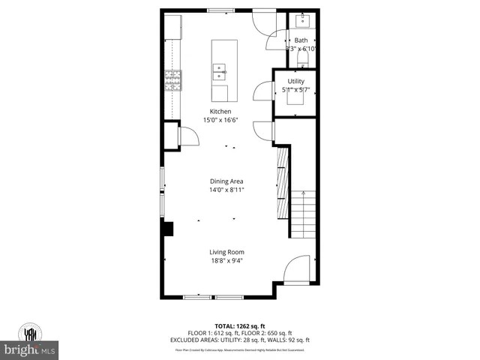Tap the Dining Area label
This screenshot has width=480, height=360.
click(226, 181)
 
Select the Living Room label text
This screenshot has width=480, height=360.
click(226, 252)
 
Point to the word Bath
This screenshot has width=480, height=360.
click(301, 40)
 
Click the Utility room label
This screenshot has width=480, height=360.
click(295, 80)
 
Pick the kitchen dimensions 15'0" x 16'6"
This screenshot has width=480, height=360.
click(220, 120)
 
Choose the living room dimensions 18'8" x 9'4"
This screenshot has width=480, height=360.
click(226, 261)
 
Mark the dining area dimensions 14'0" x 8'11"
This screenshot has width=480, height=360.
click(226, 190)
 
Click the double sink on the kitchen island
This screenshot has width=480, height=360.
click(219, 72)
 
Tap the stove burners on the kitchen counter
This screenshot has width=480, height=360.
click(172, 79)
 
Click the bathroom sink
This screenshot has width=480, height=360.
click(306, 18)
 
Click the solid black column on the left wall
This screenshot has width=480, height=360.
click(168, 229)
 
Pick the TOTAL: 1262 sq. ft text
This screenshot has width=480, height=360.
click(240, 326)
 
